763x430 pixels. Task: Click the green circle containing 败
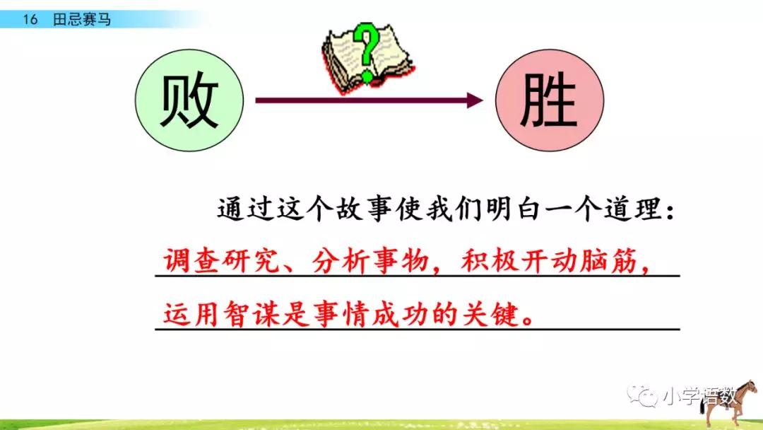click(x=189, y=100)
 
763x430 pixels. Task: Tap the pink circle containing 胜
click(x=550, y=100)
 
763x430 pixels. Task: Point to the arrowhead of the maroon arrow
click(x=475, y=100)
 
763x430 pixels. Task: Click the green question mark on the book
click(x=366, y=52)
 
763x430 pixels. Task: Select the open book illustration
click(x=368, y=59)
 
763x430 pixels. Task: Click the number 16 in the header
click(x=30, y=20)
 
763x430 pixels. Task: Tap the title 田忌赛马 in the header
click(x=82, y=20)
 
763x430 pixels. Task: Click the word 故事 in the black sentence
click(x=365, y=210)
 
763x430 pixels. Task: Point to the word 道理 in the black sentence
click(x=632, y=210)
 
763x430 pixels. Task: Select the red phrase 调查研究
click(x=221, y=261)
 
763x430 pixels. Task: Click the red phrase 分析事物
click(x=369, y=261)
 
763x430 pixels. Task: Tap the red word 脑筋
click(x=608, y=261)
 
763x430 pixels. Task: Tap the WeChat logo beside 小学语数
click(x=641, y=396)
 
